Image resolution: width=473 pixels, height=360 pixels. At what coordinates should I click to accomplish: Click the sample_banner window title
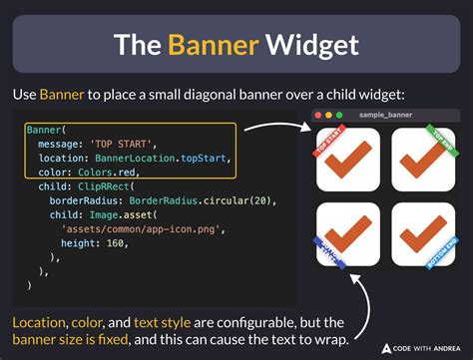(x=386, y=116)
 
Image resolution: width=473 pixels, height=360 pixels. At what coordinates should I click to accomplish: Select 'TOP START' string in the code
(x=124, y=144)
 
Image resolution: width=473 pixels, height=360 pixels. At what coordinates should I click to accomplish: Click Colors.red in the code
(x=118, y=172)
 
